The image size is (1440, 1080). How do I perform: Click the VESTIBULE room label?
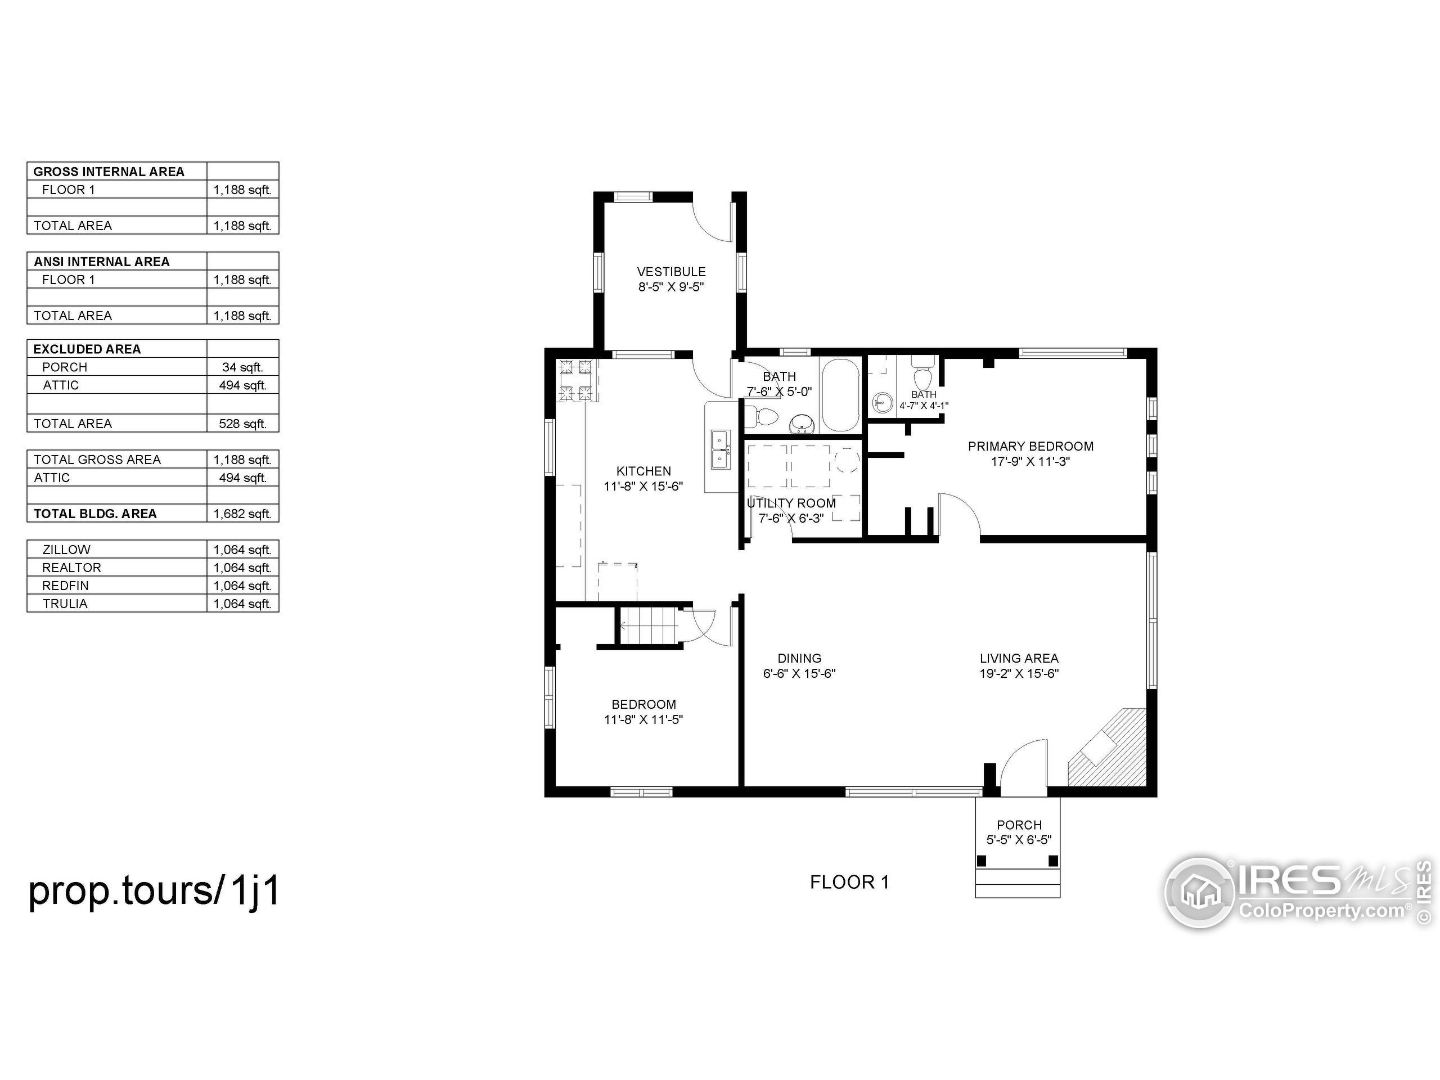click(x=670, y=272)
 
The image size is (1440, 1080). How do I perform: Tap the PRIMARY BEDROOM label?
click(x=1030, y=446)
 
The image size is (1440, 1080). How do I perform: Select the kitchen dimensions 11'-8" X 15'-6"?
click(x=643, y=487)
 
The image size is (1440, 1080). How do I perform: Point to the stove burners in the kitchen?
click(x=576, y=380)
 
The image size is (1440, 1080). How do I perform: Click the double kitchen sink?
click(x=720, y=449)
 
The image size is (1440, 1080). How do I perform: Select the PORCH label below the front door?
click(x=1019, y=825)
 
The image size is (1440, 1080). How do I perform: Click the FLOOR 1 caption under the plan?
click(x=849, y=882)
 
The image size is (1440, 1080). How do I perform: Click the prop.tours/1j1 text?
click(x=154, y=890)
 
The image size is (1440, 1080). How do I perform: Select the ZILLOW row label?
click(x=66, y=550)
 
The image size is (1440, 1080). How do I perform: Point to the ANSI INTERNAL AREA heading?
click(x=102, y=262)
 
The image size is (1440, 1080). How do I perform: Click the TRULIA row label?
click(x=65, y=604)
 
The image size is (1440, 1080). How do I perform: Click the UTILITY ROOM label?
click(x=791, y=503)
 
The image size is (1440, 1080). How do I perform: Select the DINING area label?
click(x=799, y=658)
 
